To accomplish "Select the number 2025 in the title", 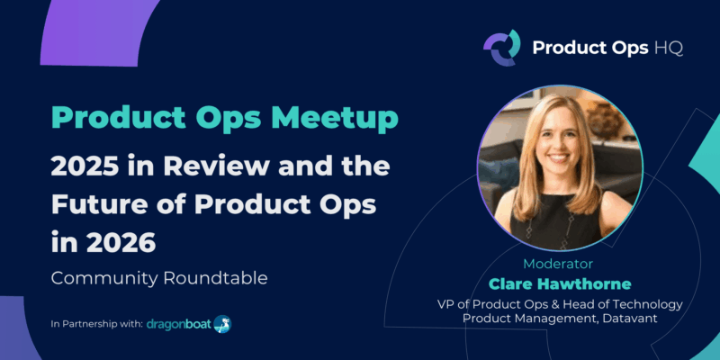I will (x=90, y=166).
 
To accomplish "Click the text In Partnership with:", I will (x=96, y=323).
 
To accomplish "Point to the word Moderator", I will (x=558, y=265).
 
